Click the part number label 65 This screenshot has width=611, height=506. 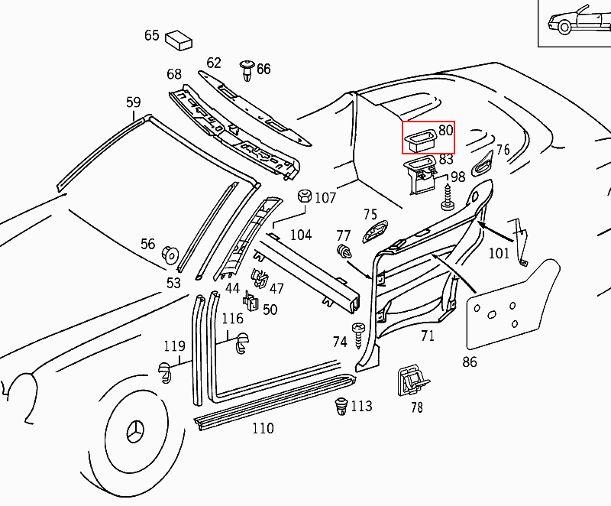(x=151, y=35)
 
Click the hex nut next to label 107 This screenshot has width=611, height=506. (x=302, y=196)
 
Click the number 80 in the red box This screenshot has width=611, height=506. (x=446, y=131)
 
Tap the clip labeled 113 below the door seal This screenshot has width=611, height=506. (x=341, y=406)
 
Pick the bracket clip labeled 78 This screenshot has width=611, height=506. (x=412, y=379)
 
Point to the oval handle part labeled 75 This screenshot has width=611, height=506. (x=374, y=233)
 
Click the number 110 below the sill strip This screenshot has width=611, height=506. (x=263, y=429)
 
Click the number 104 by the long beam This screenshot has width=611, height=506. (x=301, y=234)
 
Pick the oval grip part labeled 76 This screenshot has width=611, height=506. (x=484, y=160)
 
